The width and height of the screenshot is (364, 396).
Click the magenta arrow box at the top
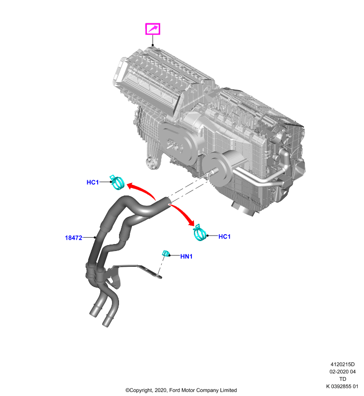click(153, 29)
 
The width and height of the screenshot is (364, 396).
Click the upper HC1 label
click(93, 182)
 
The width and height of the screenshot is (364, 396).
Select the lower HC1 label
click(224, 237)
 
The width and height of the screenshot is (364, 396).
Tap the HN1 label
click(186, 256)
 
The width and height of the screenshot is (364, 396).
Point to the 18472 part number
click(73, 238)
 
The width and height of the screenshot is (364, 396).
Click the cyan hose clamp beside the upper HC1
click(117, 182)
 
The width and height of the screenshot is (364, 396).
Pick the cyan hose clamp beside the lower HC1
click(200, 233)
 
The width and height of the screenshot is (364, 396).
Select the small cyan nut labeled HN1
click(166, 253)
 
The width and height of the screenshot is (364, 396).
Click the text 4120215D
click(343, 364)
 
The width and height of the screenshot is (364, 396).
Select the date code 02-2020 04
click(343, 372)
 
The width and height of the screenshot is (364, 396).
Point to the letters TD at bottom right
click(343, 379)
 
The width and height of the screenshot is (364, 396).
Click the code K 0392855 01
click(342, 386)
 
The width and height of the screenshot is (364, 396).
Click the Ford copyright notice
click(181, 390)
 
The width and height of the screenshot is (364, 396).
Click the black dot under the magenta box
click(153, 45)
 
